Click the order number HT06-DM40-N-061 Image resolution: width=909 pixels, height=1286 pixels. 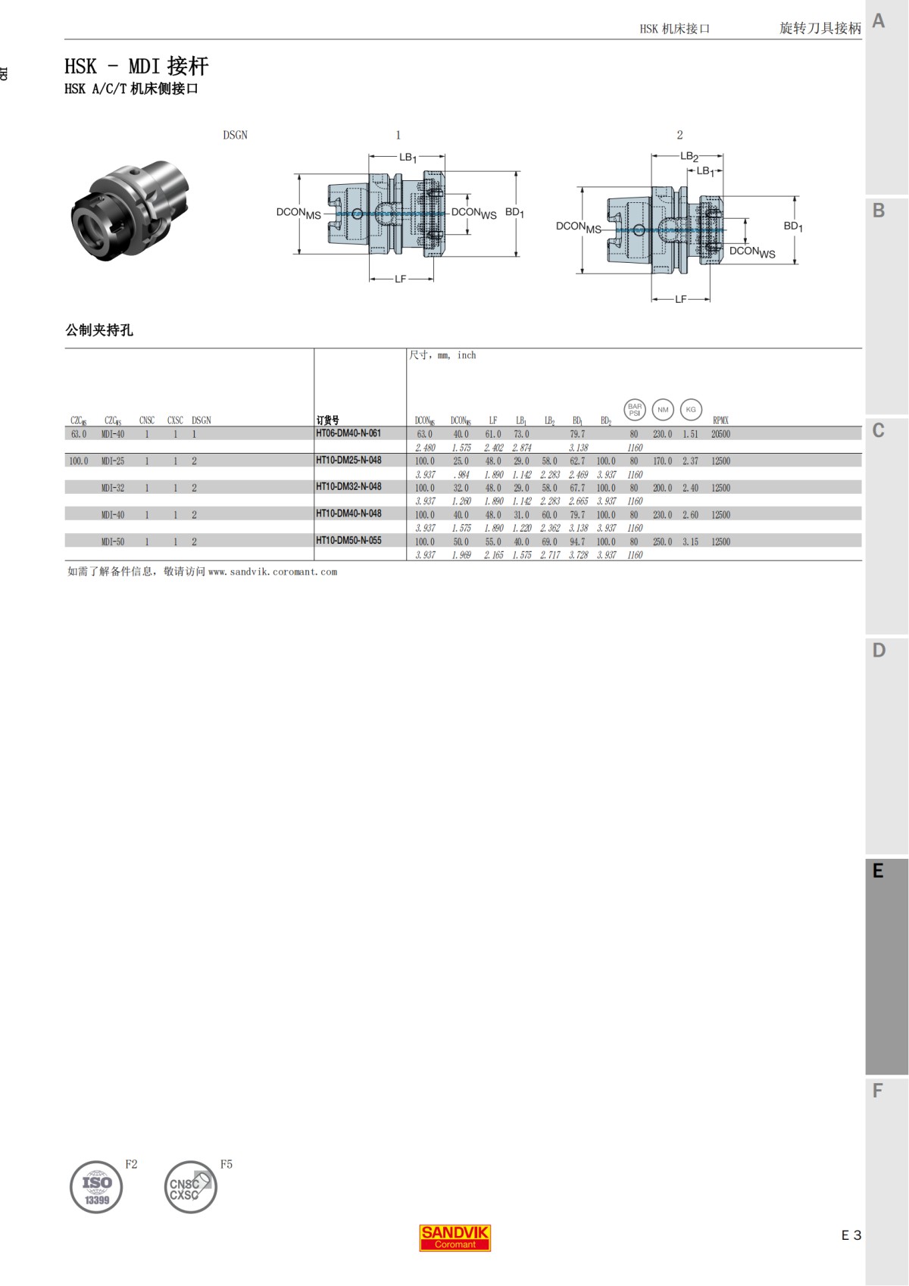(348, 433)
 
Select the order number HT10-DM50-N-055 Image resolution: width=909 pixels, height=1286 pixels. (348, 541)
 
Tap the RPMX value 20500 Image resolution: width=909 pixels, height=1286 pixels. (720, 434)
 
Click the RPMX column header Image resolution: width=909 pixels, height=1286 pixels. (720, 420)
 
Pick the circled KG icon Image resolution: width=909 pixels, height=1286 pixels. (691, 410)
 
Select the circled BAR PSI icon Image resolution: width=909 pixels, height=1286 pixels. (635, 410)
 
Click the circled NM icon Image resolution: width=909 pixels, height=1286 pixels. (663, 410)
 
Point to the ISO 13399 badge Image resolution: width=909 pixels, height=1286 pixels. (96, 1187)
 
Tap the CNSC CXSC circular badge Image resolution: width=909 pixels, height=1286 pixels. (190, 1187)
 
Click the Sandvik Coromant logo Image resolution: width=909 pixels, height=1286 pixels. (455, 1238)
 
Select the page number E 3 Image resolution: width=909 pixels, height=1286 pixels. (851, 1235)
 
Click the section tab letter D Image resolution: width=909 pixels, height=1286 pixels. (879, 651)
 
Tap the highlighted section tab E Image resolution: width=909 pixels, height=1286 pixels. (879, 871)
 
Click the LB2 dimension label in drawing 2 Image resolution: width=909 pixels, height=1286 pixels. (689, 157)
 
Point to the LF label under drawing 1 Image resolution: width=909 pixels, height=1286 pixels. (400, 279)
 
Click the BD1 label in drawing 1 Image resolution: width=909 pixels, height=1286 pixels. (514, 213)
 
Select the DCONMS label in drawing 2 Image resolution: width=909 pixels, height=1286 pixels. (578, 226)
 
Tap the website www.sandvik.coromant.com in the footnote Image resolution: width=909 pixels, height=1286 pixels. (273, 572)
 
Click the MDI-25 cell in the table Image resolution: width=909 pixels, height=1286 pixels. (113, 461)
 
